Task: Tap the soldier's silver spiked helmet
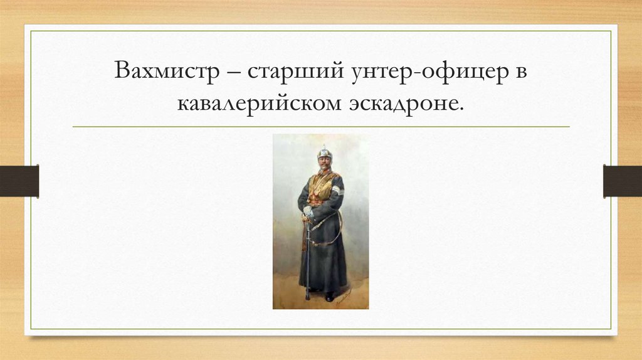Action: click(323, 152)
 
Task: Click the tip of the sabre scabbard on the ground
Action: click(307, 297)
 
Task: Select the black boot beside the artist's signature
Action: click(329, 296)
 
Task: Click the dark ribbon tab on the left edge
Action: click(19, 181)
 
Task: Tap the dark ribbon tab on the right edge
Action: click(622, 181)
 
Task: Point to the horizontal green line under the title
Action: click(321, 127)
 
